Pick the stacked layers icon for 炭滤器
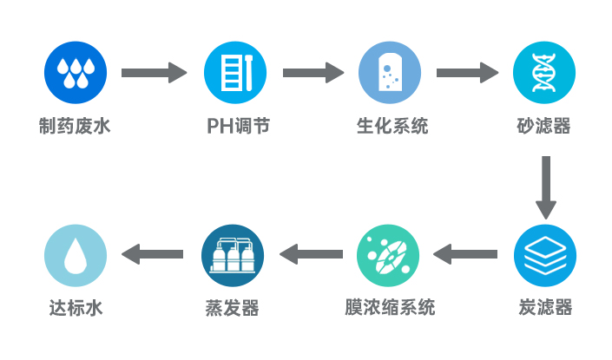[x=544, y=256]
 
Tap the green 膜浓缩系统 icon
[x=390, y=256]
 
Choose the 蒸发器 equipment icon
[x=232, y=256]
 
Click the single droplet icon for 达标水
[x=76, y=256]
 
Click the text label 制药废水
[x=76, y=127]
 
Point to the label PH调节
[x=237, y=127]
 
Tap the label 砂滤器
[x=544, y=127]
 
